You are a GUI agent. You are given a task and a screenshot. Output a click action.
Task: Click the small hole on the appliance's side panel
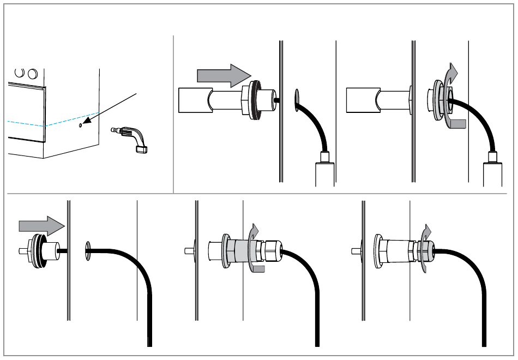coord(81,125)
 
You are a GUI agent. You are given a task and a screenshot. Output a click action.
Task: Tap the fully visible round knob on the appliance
coord(32,73)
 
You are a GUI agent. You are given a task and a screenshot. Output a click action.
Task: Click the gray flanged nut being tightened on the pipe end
coord(439,100)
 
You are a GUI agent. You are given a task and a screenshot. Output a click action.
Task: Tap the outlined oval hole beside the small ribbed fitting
coord(87,251)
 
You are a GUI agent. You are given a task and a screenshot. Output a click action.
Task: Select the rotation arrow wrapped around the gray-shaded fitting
coord(252,248)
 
